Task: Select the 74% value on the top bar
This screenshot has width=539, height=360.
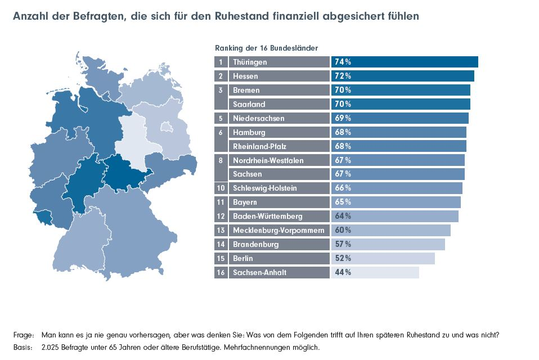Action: [343, 62]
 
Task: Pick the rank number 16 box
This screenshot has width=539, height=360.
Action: [221, 273]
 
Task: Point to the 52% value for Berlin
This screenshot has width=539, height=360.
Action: [343, 259]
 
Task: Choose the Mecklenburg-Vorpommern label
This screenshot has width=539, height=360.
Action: [278, 231]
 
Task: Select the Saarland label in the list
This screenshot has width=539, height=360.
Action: [249, 104]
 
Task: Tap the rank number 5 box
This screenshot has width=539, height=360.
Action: [221, 118]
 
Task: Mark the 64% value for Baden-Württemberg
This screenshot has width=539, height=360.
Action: [343, 217]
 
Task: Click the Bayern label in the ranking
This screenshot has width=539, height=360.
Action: [245, 202]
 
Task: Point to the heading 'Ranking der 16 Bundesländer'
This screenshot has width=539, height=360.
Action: [266, 48]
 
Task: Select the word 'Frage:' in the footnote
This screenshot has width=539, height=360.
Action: [23, 335]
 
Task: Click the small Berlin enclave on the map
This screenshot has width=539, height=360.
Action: [167, 126]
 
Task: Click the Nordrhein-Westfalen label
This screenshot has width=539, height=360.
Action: [268, 160]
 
